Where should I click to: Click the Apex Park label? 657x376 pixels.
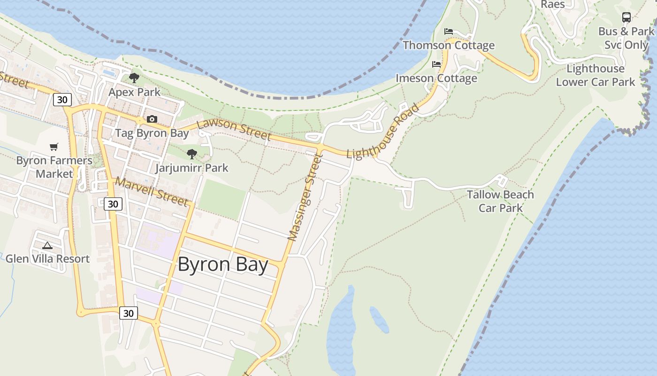(134, 92)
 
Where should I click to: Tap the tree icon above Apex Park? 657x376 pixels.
(134, 78)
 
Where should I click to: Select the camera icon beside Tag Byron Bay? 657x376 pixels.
(152, 119)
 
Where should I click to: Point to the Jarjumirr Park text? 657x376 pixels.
(192, 168)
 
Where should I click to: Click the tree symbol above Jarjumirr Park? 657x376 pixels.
(191, 154)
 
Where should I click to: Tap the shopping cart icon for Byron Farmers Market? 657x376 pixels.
(54, 147)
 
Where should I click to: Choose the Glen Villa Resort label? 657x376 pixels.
(47, 258)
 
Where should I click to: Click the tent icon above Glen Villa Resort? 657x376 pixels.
(47, 245)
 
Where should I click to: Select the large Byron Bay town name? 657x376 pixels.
(223, 265)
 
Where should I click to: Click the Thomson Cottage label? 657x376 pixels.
(449, 45)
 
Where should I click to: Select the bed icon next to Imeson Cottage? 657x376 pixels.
(436, 64)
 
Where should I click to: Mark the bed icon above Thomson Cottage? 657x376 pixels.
(449, 31)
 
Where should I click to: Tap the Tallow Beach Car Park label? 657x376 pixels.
(500, 201)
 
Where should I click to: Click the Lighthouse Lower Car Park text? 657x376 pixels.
(596, 75)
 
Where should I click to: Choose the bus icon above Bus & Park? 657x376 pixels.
(626, 17)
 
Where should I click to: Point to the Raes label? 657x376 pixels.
(553, 4)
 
